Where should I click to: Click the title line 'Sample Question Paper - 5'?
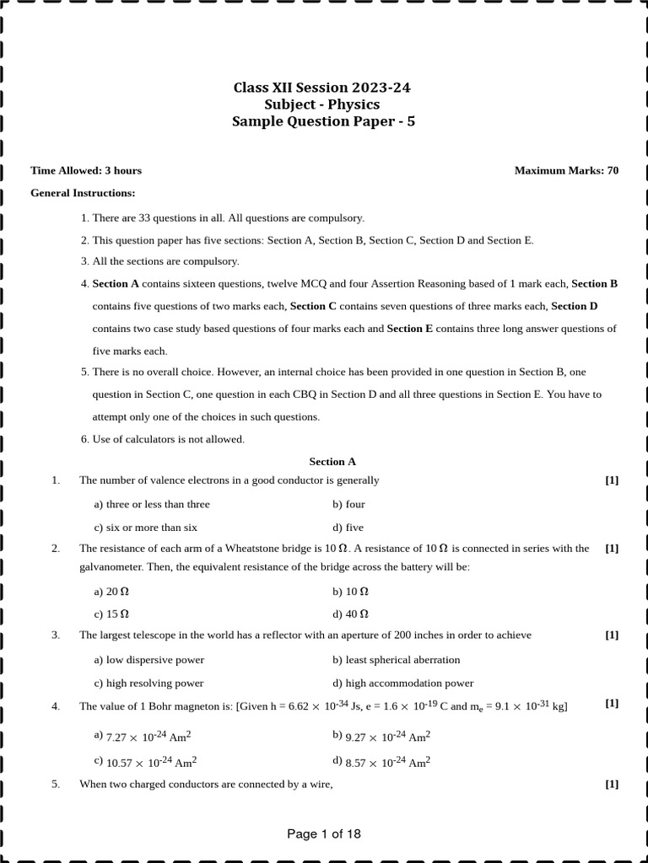pos(324,121)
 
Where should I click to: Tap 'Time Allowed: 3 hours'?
pos(86,170)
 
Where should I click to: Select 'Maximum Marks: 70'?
pos(566,170)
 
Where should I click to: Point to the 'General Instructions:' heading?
pos(83,193)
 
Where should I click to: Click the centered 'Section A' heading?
pos(332,462)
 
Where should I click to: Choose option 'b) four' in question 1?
pos(348,504)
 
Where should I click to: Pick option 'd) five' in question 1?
pos(348,528)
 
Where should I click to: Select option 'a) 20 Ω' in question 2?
pos(111,592)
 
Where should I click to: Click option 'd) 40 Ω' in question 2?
pos(350,614)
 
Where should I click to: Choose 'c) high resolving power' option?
pos(148,683)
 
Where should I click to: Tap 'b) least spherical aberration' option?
pos(396,660)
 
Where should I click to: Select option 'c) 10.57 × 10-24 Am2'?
pos(145,761)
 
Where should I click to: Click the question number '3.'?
pos(56,635)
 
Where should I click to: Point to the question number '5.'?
pos(56,785)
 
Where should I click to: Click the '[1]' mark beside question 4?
pos(612,704)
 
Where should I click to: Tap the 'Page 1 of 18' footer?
pos(324,834)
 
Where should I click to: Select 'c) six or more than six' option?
pos(145,528)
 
